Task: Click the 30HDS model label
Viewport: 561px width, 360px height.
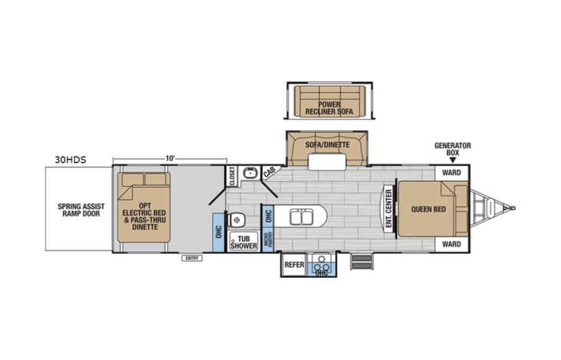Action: click(70, 160)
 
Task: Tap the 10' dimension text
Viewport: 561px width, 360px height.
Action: click(170, 158)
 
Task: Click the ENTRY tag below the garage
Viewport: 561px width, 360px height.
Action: click(191, 258)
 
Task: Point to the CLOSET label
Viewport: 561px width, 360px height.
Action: click(233, 177)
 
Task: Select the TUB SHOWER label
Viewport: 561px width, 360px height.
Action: click(244, 242)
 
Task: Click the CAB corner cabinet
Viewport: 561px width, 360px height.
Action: click(270, 174)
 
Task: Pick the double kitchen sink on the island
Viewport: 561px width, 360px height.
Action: click(300, 217)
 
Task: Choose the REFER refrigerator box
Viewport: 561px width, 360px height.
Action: click(295, 264)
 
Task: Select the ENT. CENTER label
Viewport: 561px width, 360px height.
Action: click(389, 209)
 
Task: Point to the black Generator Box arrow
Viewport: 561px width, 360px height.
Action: click(452, 160)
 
